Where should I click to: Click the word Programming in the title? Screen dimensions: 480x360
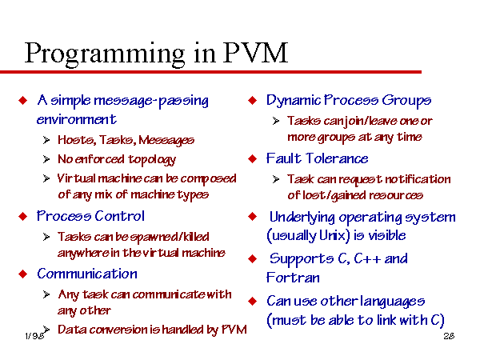coord(105,54)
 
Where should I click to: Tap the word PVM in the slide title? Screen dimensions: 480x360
coord(255,53)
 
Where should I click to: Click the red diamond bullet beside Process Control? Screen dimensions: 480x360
coord(23,217)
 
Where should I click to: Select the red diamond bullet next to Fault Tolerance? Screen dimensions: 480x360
coord(253,158)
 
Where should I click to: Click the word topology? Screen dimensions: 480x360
coord(152,160)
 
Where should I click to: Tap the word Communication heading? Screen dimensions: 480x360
coord(87,274)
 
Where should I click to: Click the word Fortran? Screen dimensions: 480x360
coord(293,278)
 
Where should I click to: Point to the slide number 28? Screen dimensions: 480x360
coord(449,336)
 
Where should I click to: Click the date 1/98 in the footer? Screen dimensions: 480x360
coord(34,336)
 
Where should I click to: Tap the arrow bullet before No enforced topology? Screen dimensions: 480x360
coord(46,159)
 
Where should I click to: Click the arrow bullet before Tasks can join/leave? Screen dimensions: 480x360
coord(276,121)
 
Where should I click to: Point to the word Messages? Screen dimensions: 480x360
coord(166,140)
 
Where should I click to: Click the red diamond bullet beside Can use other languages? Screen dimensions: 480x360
coord(253,302)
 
